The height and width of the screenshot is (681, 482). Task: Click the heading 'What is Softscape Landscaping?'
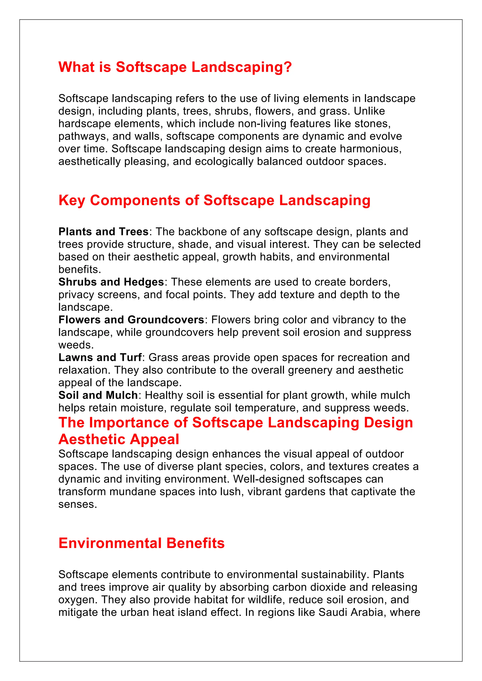pyautogui.click(x=175, y=67)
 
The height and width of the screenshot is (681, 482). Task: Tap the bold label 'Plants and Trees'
pyautogui.click(x=103, y=232)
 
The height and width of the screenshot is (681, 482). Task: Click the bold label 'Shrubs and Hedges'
pyautogui.click(x=111, y=282)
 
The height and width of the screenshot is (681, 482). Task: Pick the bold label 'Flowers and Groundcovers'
pyautogui.click(x=131, y=320)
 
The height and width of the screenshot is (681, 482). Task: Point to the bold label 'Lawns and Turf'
pyautogui.click(x=100, y=357)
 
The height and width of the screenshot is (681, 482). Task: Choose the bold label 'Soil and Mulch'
pyautogui.click(x=98, y=395)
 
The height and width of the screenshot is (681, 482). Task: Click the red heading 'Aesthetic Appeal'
pyautogui.click(x=119, y=439)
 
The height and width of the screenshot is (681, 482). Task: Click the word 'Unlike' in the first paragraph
pyautogui.click(x=369, y=111)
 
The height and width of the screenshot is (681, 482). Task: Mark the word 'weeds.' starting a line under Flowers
pyautogui.click(x=76, y=345)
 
